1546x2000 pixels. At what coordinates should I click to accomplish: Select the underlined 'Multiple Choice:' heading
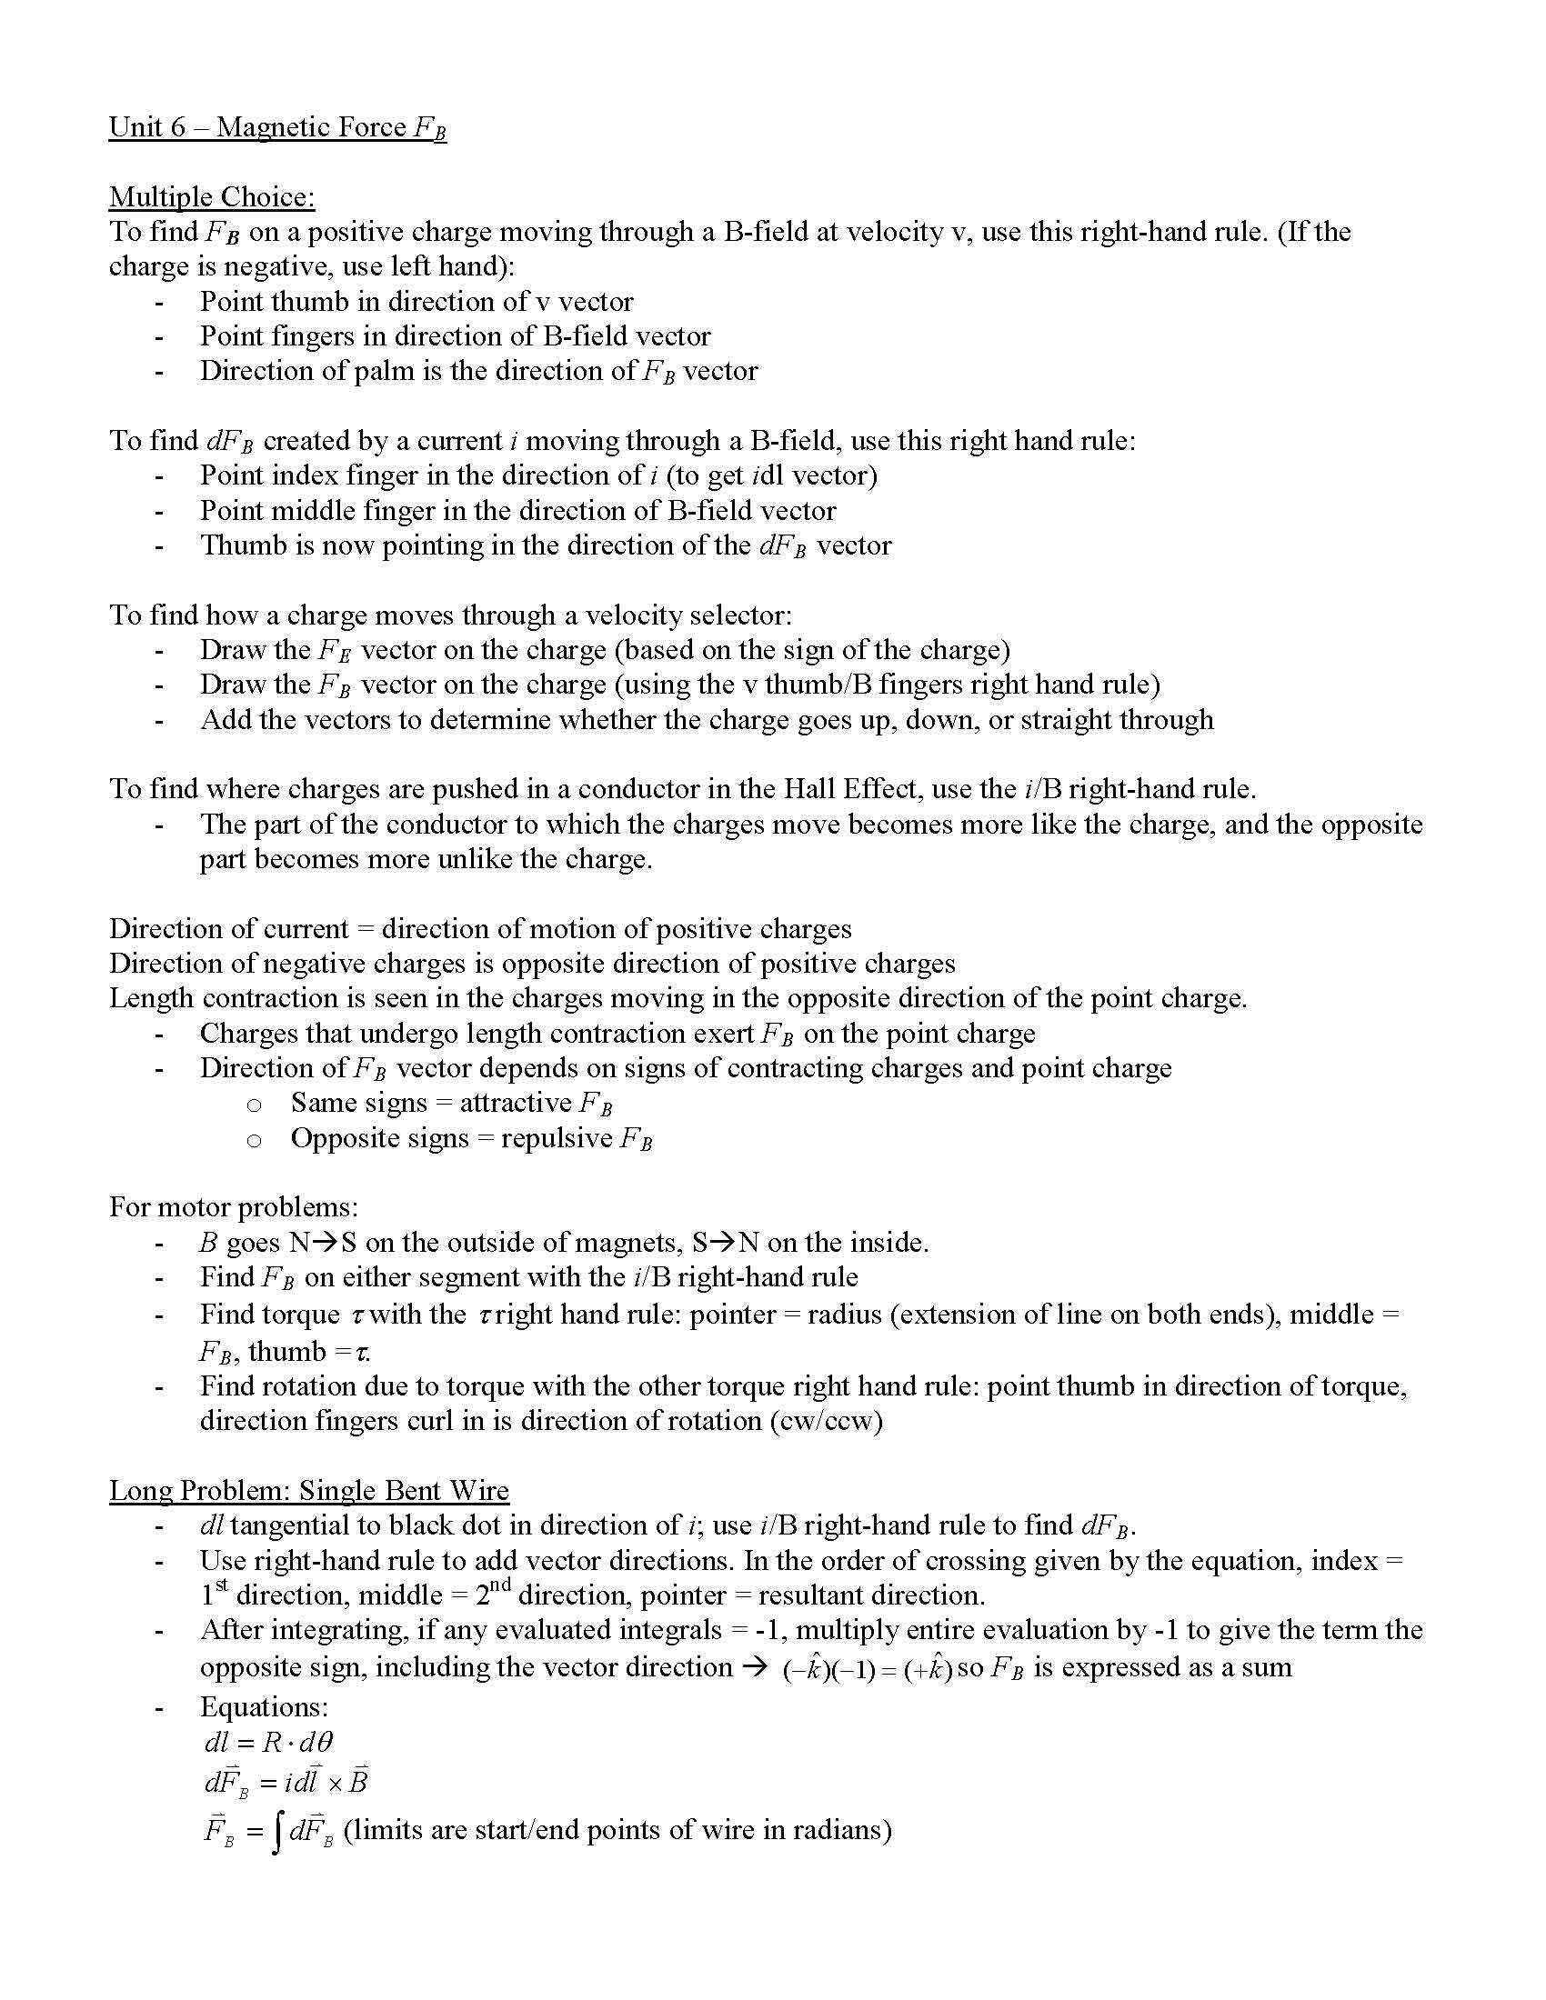click(x=212, y=197)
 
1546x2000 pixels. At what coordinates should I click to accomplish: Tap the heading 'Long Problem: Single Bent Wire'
click(x=308, y=1490)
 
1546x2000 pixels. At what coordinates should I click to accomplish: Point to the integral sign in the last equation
click(x=276, y=1834)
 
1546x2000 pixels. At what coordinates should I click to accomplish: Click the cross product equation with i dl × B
click(x=286, y=1783)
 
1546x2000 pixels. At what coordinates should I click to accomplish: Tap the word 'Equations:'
click(x=264, y=1706)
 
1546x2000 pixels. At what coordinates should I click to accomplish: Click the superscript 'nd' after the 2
click(x=498, y=1585)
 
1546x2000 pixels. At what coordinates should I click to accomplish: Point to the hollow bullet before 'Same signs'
click(x=254, y=1105)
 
